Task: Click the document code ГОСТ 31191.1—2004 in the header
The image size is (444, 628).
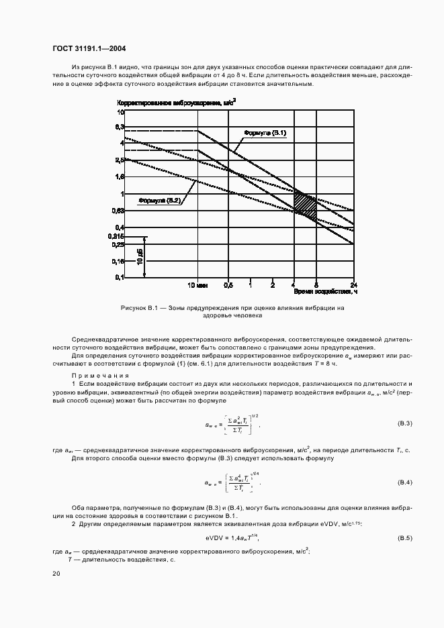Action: pyautogui.click(x=89, y=49)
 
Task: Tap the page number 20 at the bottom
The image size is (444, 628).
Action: pyautogui.click(x=56, y=574)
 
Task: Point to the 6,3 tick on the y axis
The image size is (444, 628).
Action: pyautogui.click(x=121, y=126)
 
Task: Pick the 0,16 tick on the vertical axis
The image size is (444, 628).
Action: pyautogui.click(x=120, y=261)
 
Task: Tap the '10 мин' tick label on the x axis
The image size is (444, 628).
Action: pyautogui.click(x=196, y=284)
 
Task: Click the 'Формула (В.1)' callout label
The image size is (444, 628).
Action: pyautogui.click(x=265, y=134)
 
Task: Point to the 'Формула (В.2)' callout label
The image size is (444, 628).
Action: pyautogui.click(x=159, y=200)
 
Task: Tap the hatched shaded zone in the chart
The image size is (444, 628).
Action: pyautogui.click(x=306, y=204)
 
